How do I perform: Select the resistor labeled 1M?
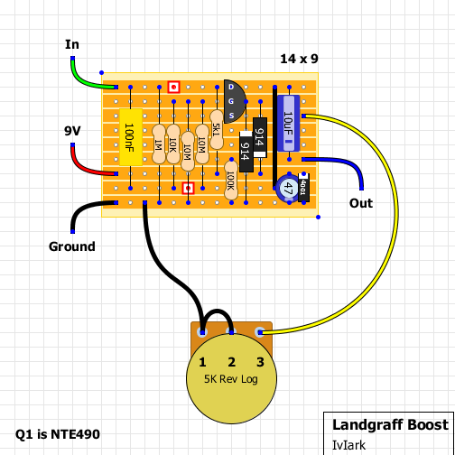158,144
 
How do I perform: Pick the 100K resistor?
231,179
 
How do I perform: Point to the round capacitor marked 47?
286,188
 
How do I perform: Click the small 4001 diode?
303,188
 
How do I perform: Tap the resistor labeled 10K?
172,144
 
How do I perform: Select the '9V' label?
73,131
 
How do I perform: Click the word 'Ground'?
72,246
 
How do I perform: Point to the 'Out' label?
361,203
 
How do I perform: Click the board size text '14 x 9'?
299,59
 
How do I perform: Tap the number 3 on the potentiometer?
260,362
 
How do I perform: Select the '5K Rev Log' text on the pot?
231,378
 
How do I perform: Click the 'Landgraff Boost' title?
390,424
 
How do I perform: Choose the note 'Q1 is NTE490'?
58,434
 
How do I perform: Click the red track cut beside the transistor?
174,88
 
